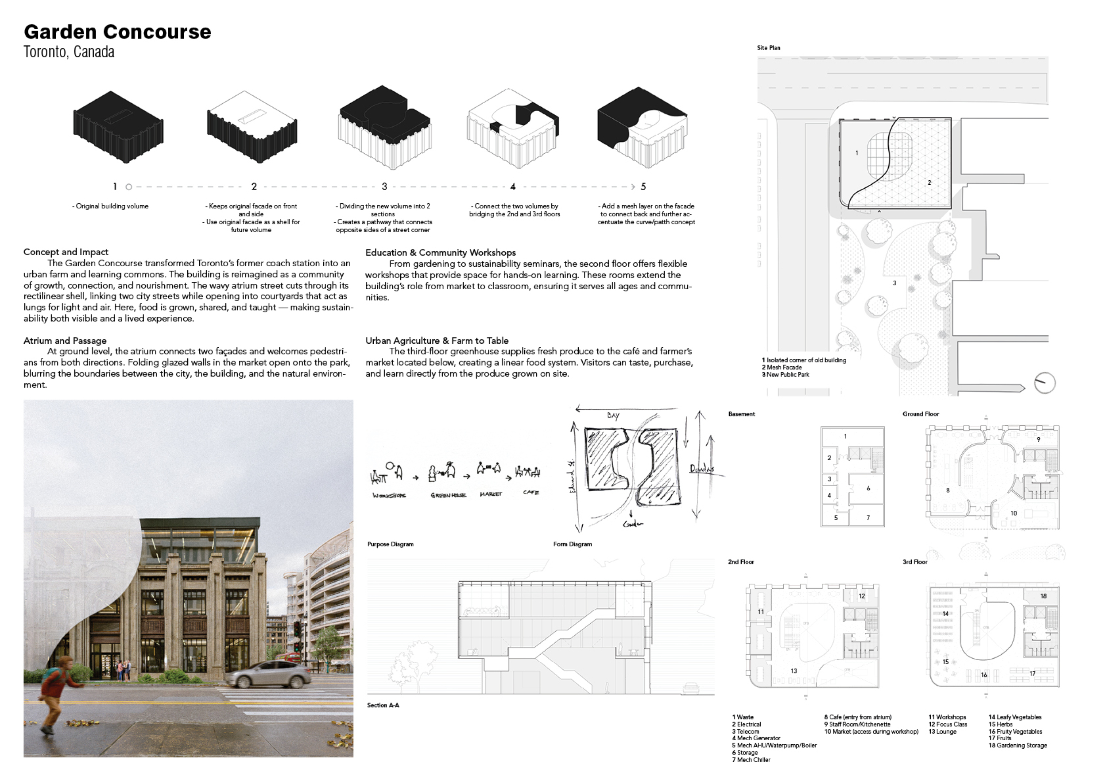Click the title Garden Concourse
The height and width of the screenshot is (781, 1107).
pyautogui.click(x=117, y=32)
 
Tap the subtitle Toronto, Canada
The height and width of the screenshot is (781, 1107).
pyautogui.click(x=69, y=52)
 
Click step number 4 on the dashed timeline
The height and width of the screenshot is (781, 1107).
pyautogui.click(x=512, y=187)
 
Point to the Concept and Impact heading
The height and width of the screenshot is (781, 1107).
pyautogui.click(x=66, y=252)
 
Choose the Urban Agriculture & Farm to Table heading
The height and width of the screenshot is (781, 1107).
pyautogui.click(x=436, y=341)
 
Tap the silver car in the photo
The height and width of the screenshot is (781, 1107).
pyautogui.click(x=270, y=673)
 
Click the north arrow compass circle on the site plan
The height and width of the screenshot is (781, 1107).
pyautogui.click(x=1044, y=384)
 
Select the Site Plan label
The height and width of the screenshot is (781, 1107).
pyautogui.click(x=768, y=48)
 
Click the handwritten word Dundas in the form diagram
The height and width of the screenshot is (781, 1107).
pyautogui.click(x=701, y=468)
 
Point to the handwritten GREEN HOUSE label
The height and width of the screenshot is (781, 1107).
pyautogui.click(x=448, y=495)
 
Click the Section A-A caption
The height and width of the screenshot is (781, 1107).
pyautogui.click(x=383, y=705)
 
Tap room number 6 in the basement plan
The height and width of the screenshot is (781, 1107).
pyautogui.click(x=868, y=488)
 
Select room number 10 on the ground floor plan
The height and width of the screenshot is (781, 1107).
pyautogui.click(x=1014, y=513)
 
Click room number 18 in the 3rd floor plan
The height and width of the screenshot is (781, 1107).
pyautogui.click(x=1043, y=596)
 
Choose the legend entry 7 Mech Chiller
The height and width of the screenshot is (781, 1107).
pyautogui.click(x=751, y=760)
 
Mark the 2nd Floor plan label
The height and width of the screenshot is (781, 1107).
pyautogui.click(x=740, y=562)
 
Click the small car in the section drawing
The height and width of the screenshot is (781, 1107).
pyautogui.click(x=690, y=688)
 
